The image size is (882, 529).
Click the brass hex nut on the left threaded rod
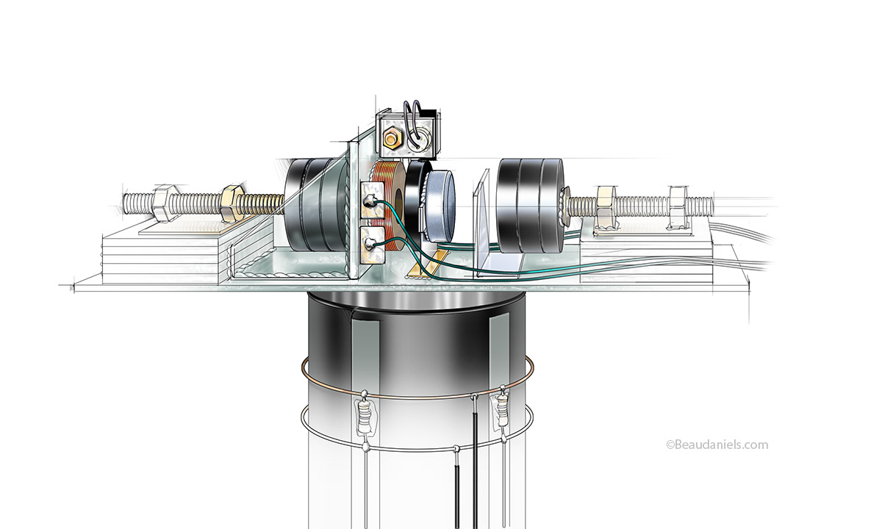coord(232,204)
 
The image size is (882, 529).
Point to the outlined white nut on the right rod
coord(679,206)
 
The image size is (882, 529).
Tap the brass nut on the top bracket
coord(391,140)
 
